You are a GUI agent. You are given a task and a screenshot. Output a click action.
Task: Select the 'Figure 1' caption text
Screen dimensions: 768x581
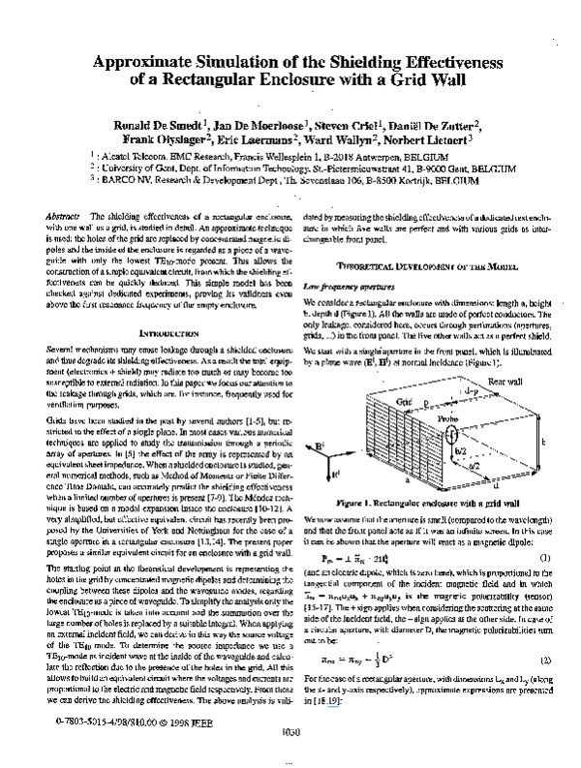(x=417, y=504)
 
